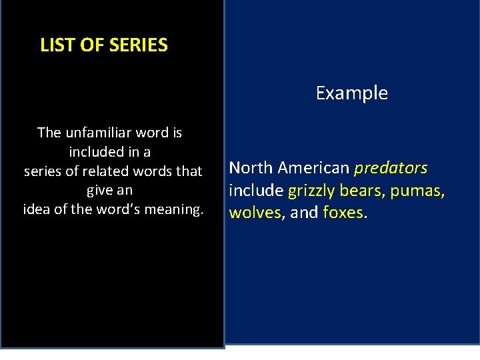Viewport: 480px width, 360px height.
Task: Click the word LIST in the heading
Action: (55, 45)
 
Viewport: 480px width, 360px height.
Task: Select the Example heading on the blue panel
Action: (351, 93)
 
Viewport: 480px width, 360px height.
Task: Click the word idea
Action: (36, 209)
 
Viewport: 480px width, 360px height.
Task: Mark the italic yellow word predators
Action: (391, 167)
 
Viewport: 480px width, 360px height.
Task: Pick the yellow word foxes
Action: (343, 213)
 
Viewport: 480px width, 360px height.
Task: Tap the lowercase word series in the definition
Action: (43, 171)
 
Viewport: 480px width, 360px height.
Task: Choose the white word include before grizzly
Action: (256, 191)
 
